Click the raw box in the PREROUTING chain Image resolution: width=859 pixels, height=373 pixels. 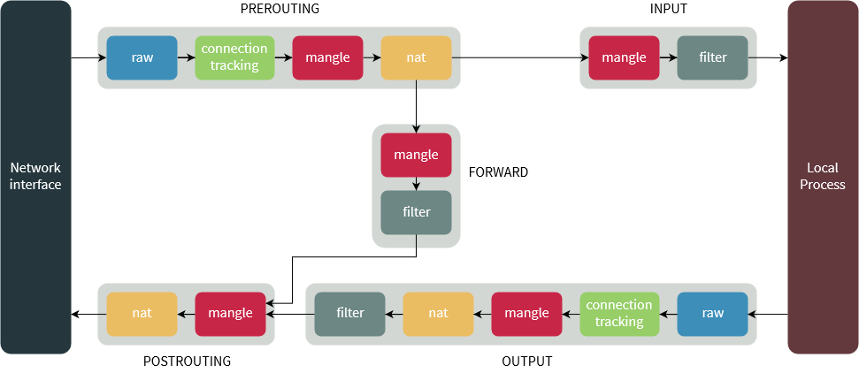point(142,57)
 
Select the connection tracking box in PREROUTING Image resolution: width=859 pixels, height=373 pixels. point(234,57)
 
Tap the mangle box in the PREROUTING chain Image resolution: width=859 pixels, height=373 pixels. point(327,57)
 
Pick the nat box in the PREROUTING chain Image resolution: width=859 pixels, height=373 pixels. point(416,57)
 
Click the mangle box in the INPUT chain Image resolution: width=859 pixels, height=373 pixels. point(624,57)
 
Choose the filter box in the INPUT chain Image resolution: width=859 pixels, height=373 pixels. point(712,57)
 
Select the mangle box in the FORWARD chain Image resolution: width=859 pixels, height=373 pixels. point(416,155)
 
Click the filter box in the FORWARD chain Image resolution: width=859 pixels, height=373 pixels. point(416,212)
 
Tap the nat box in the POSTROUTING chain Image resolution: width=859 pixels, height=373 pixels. point(142,313)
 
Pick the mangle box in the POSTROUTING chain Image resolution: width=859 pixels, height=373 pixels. point(230,313)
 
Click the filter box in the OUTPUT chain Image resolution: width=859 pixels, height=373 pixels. point(350,313)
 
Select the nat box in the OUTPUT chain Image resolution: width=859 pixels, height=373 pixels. point(438,313)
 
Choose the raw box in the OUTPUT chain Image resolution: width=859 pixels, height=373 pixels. point(712,313)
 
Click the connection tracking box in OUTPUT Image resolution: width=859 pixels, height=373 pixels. point(619,313)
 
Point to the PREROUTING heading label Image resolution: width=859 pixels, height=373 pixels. point(280,9)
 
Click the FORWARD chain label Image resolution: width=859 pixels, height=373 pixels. point(498,172)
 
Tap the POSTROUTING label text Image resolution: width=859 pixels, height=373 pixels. point(187,362)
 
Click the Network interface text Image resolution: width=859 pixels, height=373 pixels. point(35,177)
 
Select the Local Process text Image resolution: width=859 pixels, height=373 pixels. point(823,177)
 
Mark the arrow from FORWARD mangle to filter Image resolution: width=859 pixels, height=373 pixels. point(416,184)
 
